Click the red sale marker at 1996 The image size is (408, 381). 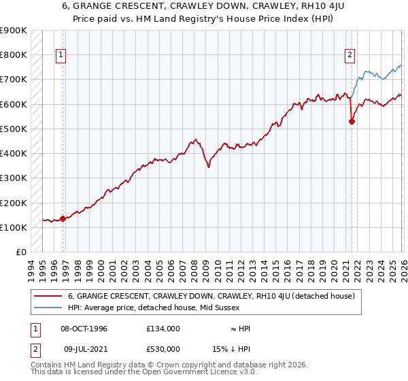click(x=63, y=218)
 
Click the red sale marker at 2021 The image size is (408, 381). click(x=352, y=122)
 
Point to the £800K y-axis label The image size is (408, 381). click(x=14, y=55)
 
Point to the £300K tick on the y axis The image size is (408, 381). click(x=14, y=178)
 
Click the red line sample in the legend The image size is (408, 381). click(x=49, y=296)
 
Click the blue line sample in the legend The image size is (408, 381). click(x=49, y=308)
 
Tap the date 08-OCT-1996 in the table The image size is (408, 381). click(x=84, y=329)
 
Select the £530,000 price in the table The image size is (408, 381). click(x=163, y=349)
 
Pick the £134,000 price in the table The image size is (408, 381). click(x=163, y=329)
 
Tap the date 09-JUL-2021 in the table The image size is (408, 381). click(x=84, y=349)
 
